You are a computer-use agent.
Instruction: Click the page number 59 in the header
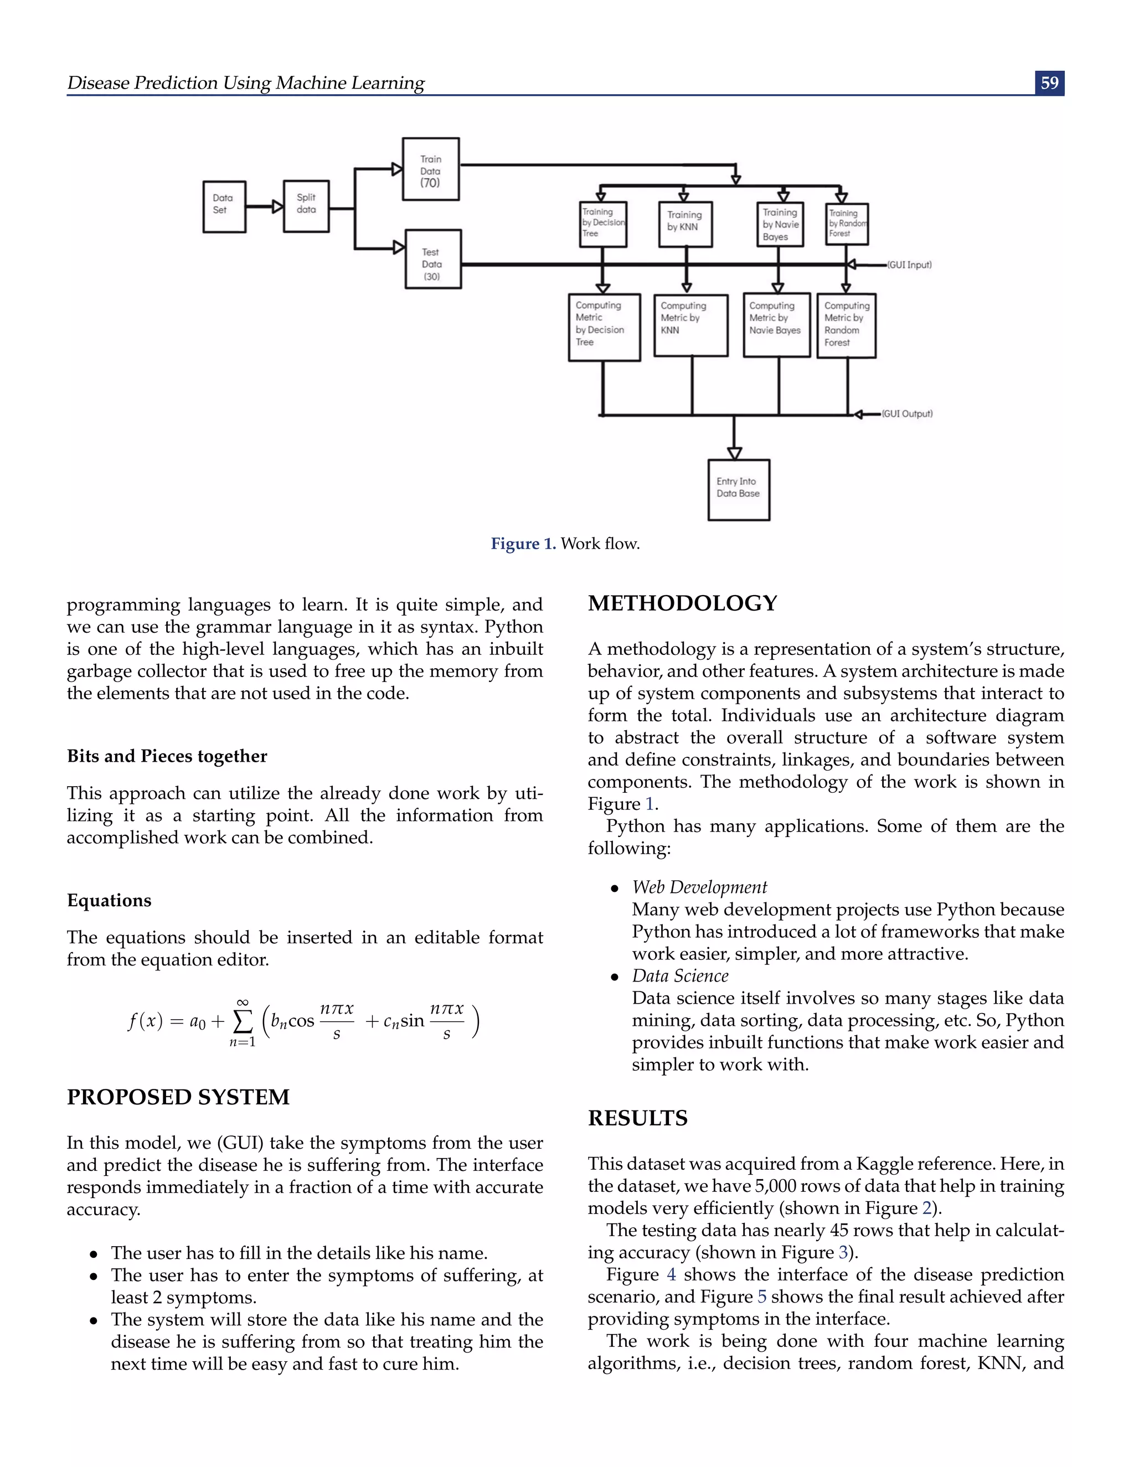click(x=1049, y=82)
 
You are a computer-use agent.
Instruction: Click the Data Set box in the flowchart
click(x=224, y=206)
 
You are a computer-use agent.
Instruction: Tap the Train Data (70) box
click(x=431, y=169)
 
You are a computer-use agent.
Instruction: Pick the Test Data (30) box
click(x=432, y=259)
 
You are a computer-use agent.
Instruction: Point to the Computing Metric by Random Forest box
click(x=846, y=326)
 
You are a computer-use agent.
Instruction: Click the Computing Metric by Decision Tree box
click(x=604, y=327)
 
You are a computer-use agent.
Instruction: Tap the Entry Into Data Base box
click(x=738, y=490)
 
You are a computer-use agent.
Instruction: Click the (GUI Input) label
click(x=909, y=265)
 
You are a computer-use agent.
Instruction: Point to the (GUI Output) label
click(x=907, y=414)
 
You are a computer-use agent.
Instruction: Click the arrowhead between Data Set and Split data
click(x=277, y=207)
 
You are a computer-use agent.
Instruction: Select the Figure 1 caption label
click(x=523, y=544)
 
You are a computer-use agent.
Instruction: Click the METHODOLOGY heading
click(x=682, y=603)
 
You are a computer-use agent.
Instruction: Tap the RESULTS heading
click(x=637, y=1118)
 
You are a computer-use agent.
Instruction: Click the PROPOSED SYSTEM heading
click(x=178, y=1097)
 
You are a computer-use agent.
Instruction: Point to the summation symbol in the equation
click(x=242, y=1022)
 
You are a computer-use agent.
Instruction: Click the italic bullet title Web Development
click(x=699, y=887)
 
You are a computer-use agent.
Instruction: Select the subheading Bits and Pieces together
click(x=167, y=756)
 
